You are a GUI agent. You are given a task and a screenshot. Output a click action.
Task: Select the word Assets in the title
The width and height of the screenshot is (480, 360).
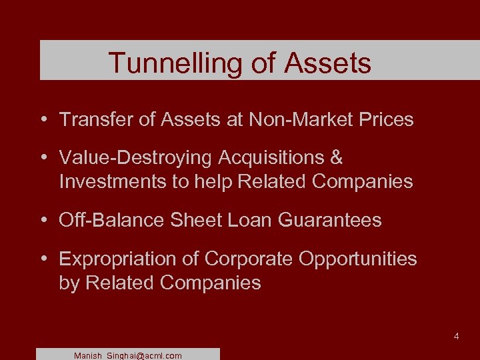(x=327, y=63)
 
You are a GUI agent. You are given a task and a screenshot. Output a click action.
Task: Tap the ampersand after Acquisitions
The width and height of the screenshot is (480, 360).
(x=336, y=158)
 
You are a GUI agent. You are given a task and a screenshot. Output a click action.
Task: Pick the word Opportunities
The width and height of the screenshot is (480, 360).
(x=357, y=259)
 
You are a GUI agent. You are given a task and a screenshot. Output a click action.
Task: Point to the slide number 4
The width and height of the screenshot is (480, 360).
(x=456, y=337)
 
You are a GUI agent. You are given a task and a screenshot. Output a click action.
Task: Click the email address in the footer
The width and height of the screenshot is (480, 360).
(x=128, y=356)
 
